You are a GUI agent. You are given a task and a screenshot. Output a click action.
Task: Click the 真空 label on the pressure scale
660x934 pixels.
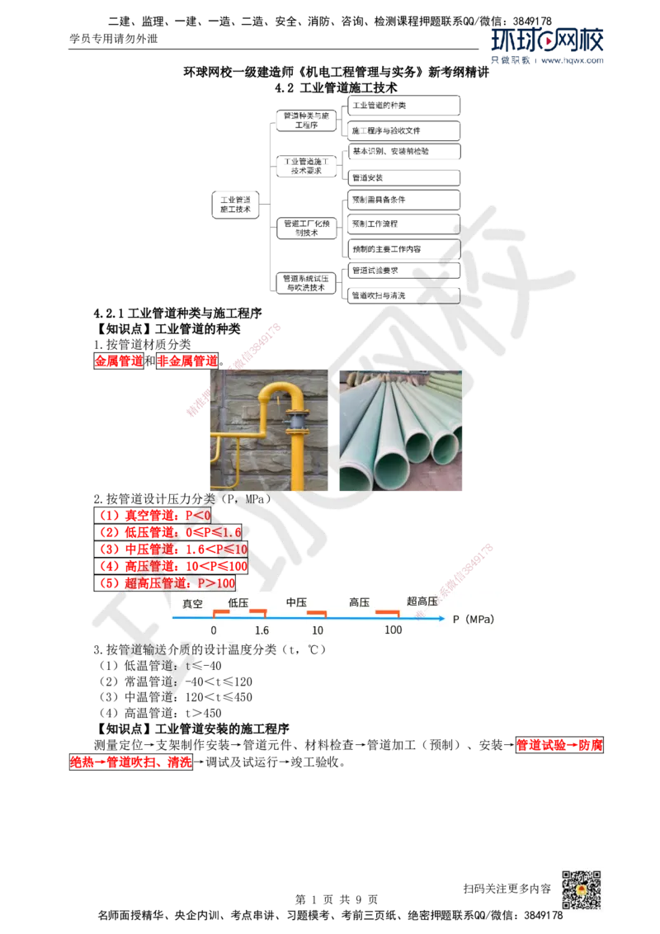(192, 603)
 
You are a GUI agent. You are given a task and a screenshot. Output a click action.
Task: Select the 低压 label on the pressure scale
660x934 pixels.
(238, 603)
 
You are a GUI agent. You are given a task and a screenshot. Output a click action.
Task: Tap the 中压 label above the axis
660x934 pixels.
(296, 603)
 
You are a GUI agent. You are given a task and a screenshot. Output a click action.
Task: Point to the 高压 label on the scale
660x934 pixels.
(359, 603)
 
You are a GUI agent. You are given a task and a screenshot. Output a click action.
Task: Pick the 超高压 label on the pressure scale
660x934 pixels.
(422, 601)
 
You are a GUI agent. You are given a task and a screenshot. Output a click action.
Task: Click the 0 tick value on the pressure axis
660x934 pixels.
(214, 630)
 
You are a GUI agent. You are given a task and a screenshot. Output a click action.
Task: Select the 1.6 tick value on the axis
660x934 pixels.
(262, 630)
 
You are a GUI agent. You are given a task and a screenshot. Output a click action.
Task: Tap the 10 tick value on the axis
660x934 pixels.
(318, 630)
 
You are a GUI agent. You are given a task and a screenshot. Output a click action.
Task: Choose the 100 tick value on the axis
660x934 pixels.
(394, 630)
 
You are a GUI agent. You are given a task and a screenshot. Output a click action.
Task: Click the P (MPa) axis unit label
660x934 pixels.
(474, 619)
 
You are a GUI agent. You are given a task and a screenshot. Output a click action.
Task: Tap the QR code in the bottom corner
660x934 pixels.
(580, 890)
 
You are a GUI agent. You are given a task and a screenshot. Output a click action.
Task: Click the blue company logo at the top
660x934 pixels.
(548, 46)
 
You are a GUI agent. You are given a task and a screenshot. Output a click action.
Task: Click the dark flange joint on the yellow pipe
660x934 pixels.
(293, 423)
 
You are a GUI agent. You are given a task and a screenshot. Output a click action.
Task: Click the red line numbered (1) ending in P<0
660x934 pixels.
(156, 515)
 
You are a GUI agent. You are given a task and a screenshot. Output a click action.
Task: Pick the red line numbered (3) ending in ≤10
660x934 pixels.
(173, 549)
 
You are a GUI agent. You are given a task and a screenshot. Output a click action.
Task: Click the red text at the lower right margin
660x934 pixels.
(560, 745)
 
